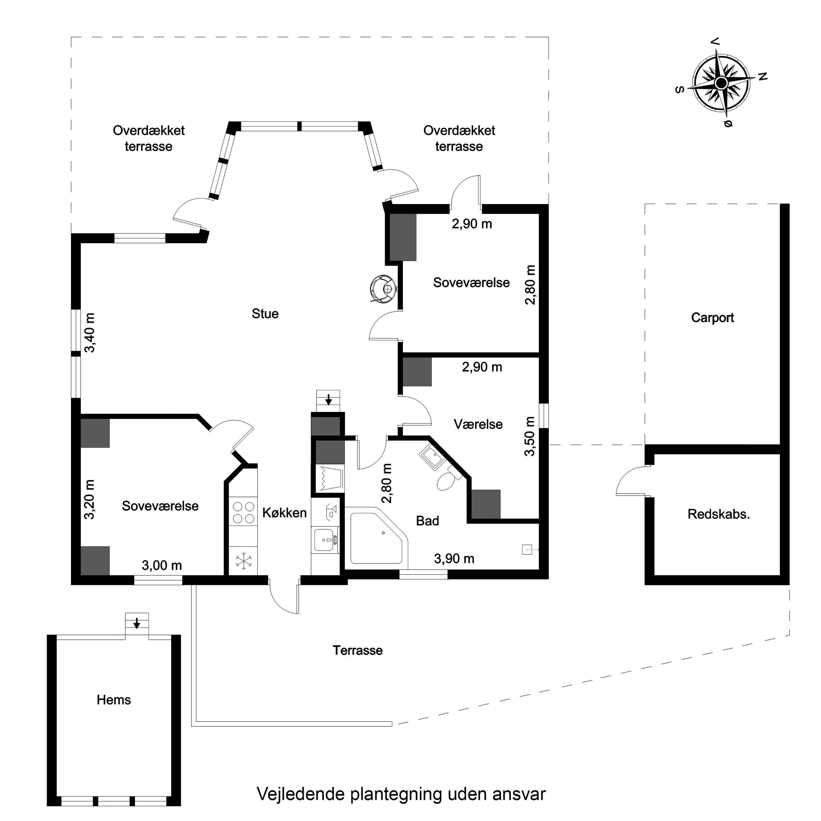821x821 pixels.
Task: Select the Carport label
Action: (x=713, y=318)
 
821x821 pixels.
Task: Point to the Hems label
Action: (x=114, y=700)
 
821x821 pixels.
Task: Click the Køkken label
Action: (x=284, y=513)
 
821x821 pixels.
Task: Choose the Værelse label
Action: (x=478, y=424)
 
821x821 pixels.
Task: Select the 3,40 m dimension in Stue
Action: (x=90, y=333)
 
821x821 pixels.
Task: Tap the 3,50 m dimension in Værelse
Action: (x=530, y=436)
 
